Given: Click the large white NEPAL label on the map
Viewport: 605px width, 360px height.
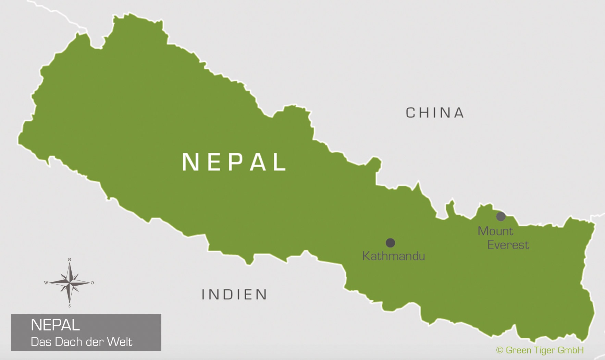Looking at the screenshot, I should click(234, 162).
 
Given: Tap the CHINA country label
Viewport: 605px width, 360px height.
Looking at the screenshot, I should click(435, 113).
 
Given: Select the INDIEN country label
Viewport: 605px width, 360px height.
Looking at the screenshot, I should click(234, 295).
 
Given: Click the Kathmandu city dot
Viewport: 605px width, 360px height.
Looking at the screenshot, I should click(390, 243).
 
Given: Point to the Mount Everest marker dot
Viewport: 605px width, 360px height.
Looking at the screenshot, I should click(501, 216).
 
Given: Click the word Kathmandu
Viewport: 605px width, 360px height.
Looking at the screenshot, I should click(393, 256).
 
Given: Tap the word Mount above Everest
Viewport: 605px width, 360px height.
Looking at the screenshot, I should click(495, 231).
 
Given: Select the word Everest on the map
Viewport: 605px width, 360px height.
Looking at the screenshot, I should click(508, 245).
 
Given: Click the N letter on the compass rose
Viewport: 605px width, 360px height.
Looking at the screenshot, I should click(70, 260).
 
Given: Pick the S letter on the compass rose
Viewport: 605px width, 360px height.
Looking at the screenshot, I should click(70, 306).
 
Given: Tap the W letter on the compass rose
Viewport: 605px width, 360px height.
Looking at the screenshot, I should click(46, 283).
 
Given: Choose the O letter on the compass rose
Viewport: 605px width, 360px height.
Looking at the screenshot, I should click(92, 283).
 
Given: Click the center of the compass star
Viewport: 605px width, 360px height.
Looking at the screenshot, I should click(70, 283).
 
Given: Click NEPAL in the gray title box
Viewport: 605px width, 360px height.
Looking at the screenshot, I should click(55, 325).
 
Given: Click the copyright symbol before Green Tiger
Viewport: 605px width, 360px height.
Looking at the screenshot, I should click(499, 350).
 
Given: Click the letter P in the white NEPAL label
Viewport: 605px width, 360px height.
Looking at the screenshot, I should click(234, 162).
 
